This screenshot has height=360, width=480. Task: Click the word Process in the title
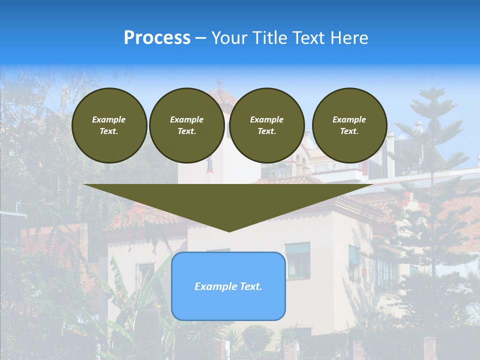(157, 38)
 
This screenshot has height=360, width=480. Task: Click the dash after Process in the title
(200, 38)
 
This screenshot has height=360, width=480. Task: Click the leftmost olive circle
(109, 125)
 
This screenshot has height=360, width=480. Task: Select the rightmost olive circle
(349, 125)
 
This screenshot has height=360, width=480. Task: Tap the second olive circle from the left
(187, 125)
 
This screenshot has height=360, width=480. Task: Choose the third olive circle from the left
(267, 125)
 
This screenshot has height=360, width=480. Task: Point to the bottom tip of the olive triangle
(229, 231)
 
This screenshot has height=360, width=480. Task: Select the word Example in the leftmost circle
(109, 119)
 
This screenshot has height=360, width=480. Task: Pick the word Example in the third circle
(267, 119)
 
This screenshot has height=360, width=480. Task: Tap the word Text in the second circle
(186, 131)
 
